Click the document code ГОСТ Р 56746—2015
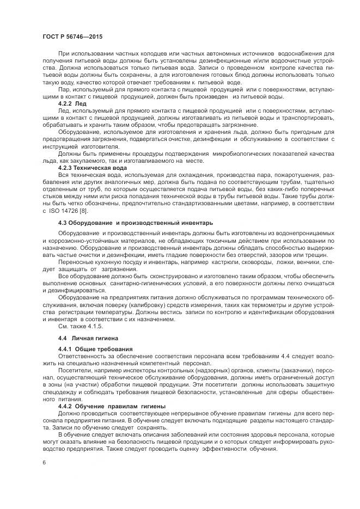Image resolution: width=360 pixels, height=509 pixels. click(x=72, y=36)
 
